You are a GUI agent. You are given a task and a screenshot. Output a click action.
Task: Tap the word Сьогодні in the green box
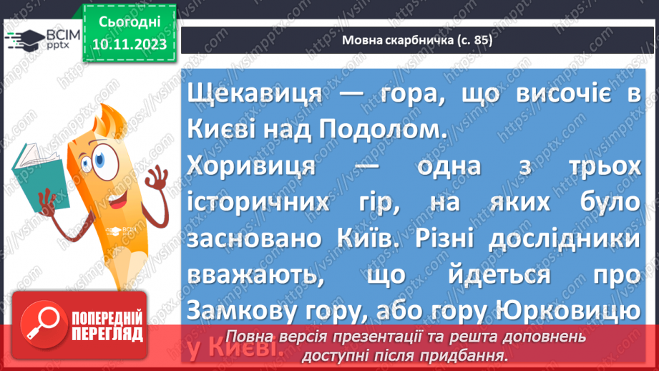tap(130, 23)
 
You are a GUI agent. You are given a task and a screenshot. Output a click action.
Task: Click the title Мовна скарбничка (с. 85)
tap(418, 41)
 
